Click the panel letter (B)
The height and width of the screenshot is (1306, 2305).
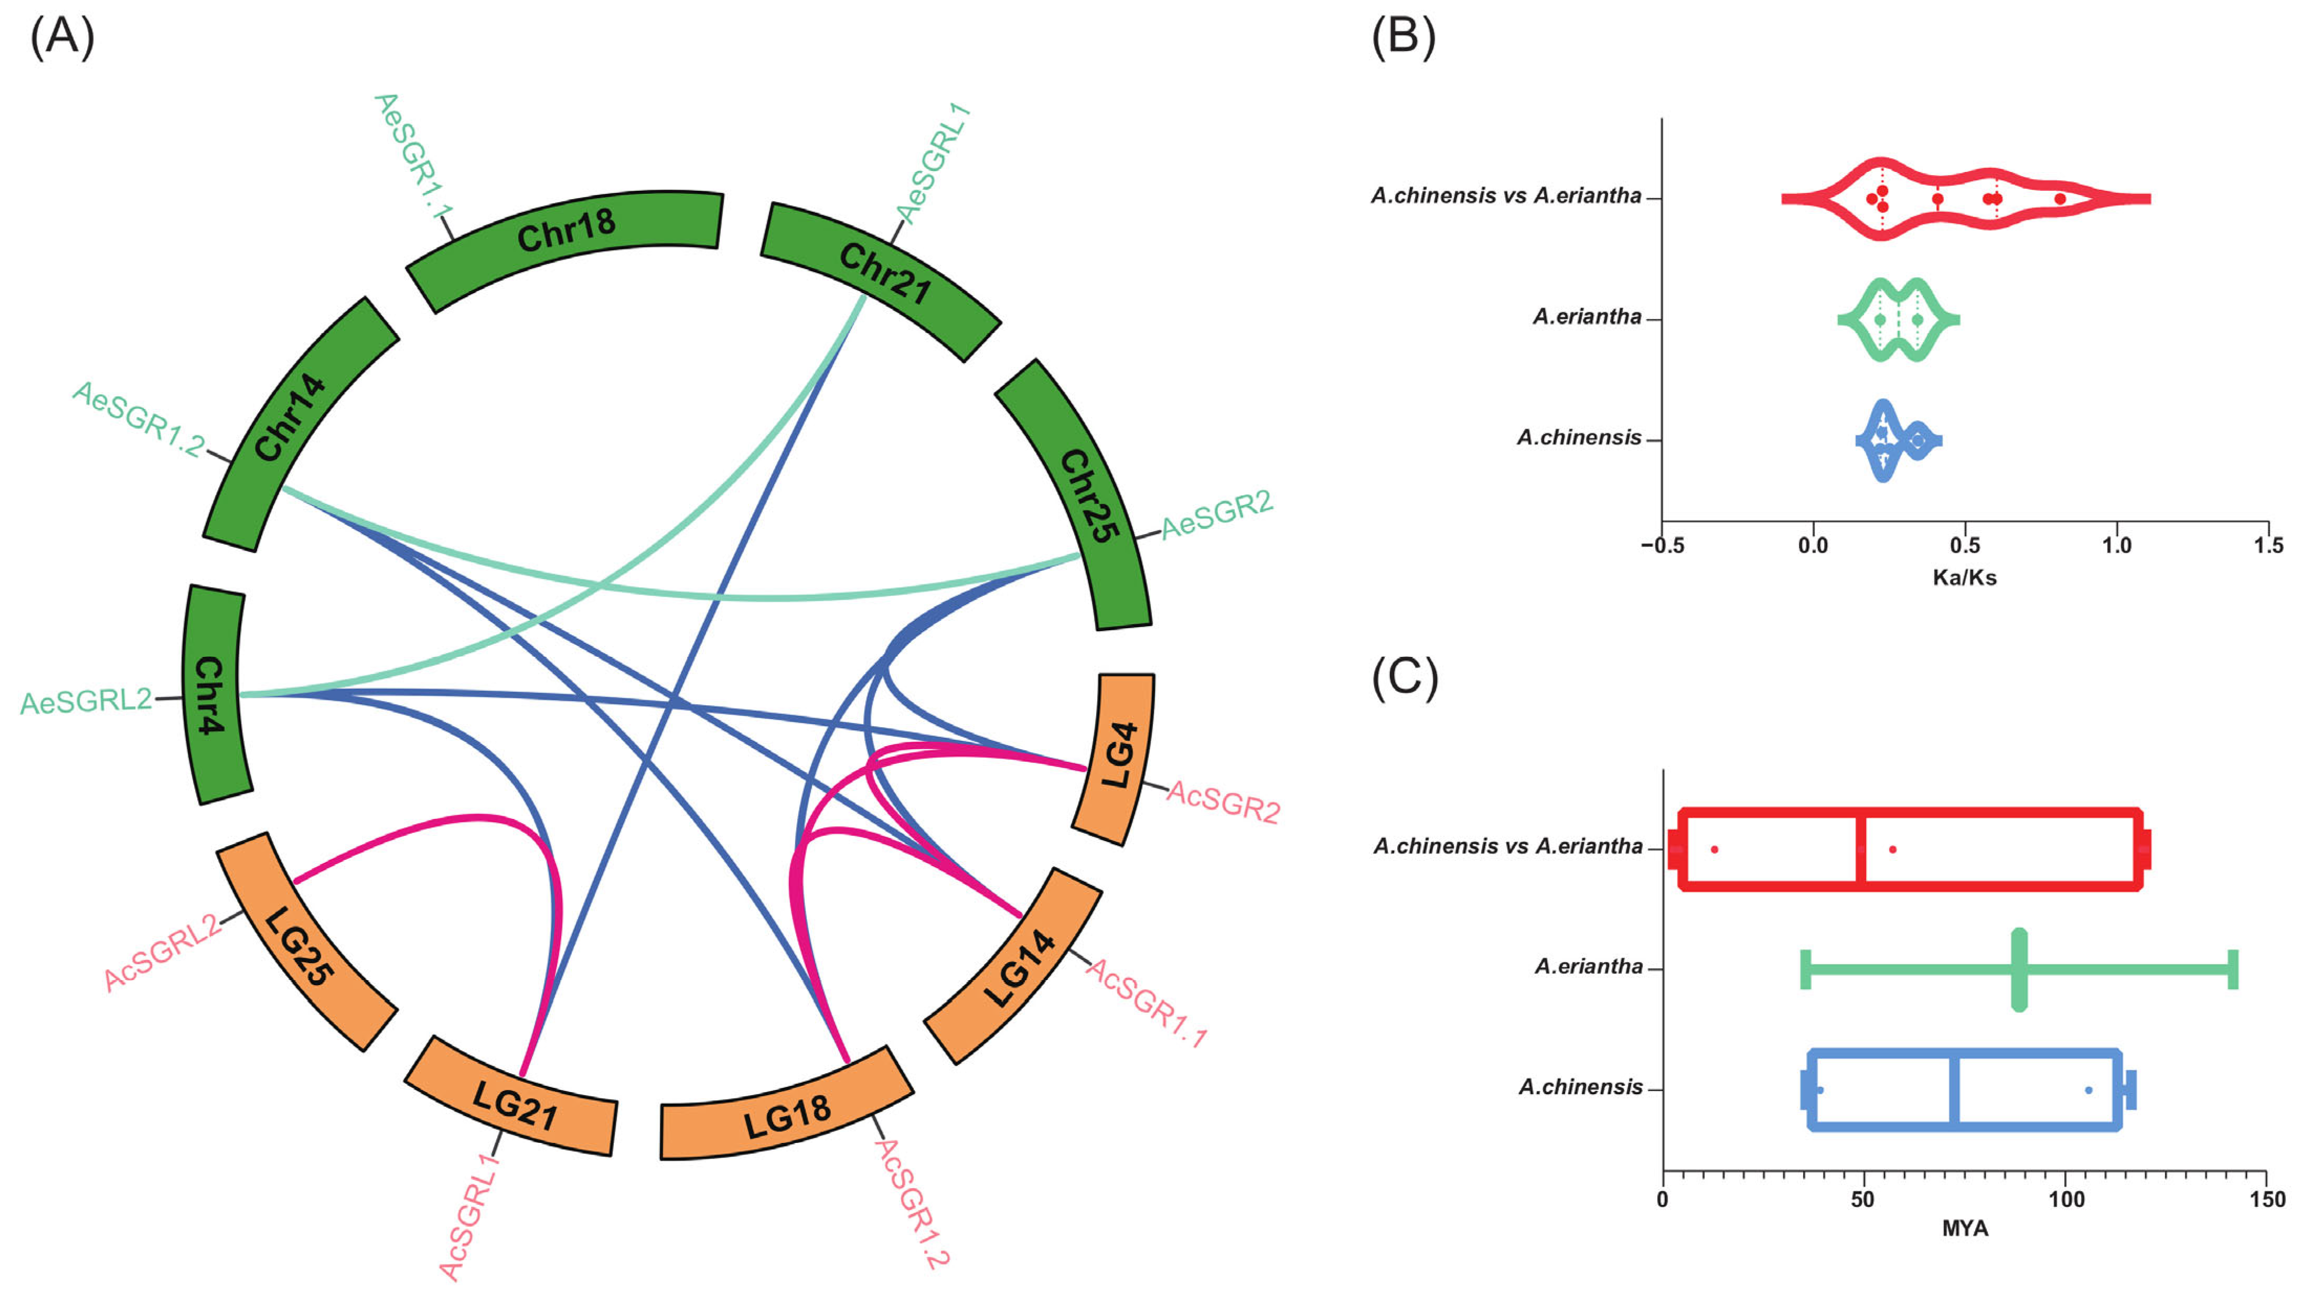click(1403, 38)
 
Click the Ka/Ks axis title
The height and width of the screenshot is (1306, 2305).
click(1964, 578)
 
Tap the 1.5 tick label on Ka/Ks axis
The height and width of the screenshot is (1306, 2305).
click(2268, 545)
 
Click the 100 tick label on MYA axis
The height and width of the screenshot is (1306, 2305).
click(2065, 1199)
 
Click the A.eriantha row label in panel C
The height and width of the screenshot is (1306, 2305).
click(1588, 967)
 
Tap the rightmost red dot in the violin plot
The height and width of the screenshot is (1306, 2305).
click(2060, 198)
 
